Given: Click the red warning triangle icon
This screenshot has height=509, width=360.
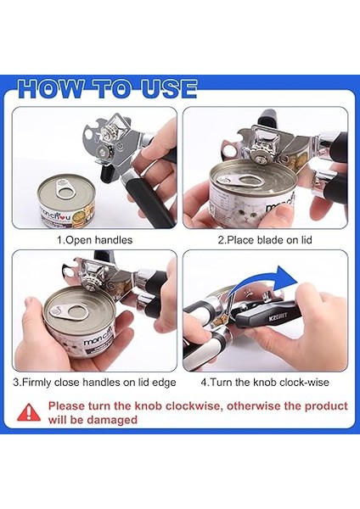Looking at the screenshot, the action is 29,412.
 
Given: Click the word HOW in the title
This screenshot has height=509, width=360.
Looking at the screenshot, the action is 51,88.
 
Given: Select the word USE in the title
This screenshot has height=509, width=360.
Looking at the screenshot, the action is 169,88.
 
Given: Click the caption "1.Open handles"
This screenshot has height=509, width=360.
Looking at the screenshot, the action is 95,240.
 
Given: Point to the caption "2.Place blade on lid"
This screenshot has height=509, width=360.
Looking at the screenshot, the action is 265,240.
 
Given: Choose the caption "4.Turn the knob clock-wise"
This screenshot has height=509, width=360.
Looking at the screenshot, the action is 265,382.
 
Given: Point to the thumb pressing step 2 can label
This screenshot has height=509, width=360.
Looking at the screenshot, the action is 279,216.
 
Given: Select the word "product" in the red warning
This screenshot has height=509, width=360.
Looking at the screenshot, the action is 326,406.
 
